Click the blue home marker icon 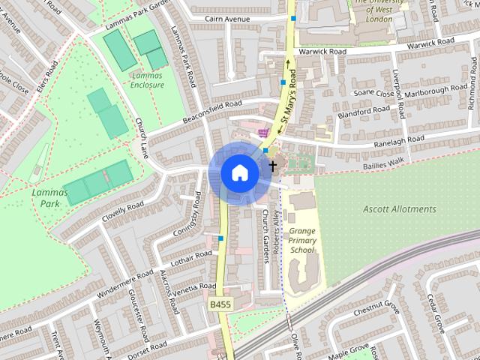[x=239, y=172]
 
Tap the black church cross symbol [x=272, y=165]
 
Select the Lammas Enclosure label [x=147, y=80]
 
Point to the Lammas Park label [x=50, y=197]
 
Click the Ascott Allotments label [x=398, y=209]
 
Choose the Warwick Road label [x=322, y=52]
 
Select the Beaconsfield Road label [x=213, y=112]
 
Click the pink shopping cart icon [x=262, y=132]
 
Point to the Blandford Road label [x=363, y=112]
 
